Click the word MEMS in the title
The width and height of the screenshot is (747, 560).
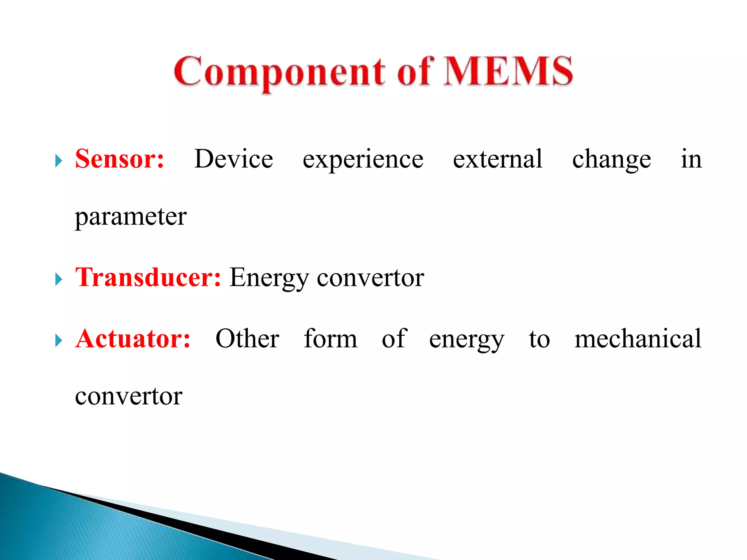(508, 71)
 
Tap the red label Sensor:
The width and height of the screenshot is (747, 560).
(120, 159)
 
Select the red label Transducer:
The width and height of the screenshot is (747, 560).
(148, 278)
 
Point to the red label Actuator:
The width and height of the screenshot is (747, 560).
(133, 339)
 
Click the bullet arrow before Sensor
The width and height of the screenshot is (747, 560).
(58, 161)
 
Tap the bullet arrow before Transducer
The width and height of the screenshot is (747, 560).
(58, 280)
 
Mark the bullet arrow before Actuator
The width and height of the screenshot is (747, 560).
(58, 341)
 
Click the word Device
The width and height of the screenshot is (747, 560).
(233, 159)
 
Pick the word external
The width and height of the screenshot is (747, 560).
(498, 159)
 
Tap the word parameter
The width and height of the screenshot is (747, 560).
(131, 217)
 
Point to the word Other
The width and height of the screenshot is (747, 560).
(247, 339)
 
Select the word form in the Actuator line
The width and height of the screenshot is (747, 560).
(330, 339)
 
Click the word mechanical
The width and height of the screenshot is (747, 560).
(638, 339)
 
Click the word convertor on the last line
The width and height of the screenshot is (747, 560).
(128, 397)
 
